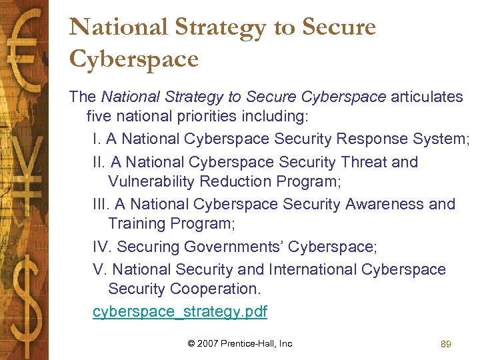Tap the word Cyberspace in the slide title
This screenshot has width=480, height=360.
click(134, 59)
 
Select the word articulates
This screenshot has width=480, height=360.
click(427, 97)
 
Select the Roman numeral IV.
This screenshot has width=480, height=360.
click(101, 247)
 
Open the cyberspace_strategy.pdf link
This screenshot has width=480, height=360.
click(180, 311)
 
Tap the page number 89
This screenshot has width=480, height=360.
click(446, 344)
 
